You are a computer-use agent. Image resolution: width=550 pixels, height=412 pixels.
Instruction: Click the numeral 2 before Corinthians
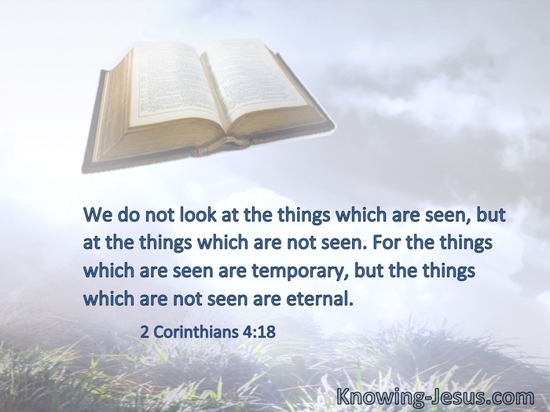coord(145,332)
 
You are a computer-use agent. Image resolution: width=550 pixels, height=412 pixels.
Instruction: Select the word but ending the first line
coord(491,215)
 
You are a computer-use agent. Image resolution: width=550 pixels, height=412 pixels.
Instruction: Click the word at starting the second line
coord(92,243)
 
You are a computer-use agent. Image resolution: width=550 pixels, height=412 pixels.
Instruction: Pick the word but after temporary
coord(369,271)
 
